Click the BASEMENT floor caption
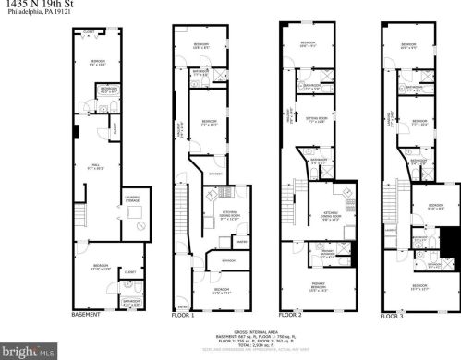pyautogui.click(x=87, y=315)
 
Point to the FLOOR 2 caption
pyautogui.click(x=294, y=315)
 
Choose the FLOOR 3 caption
pyautogui.click(x=394, y=315)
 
